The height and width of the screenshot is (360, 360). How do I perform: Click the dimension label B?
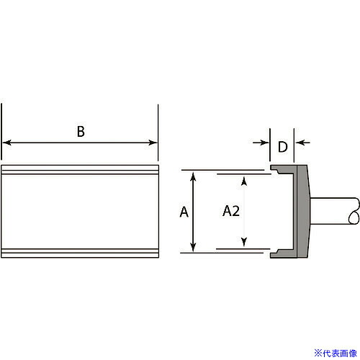point(81,131)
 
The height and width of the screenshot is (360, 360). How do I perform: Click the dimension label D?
point(282,147)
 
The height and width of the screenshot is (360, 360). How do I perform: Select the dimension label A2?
point(231,211)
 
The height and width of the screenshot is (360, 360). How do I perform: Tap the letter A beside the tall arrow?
point(184,212)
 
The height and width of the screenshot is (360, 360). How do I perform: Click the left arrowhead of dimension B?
point(6,143)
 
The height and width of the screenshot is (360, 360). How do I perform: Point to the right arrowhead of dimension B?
point(153,143)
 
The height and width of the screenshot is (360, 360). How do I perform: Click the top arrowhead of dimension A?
point(193,176)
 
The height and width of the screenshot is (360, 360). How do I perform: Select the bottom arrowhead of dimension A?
point(193,247)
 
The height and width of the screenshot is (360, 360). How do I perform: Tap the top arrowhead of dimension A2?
point(244,181)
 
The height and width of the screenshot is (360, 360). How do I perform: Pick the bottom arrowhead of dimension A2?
point(244,242)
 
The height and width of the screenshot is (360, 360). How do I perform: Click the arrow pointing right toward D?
point(261,143)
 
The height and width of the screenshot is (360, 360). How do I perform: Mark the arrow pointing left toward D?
point(302,143)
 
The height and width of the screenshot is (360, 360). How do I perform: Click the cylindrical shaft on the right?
point(334,211)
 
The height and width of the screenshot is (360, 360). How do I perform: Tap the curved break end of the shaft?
point(354,211)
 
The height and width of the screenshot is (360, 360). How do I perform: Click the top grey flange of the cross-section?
point(283,169)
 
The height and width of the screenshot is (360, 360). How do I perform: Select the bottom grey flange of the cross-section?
point(283,253)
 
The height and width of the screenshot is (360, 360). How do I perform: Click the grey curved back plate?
point(303,211)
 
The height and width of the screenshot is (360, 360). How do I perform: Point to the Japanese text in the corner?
point(336,354)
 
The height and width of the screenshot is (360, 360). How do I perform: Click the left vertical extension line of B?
point(1,132)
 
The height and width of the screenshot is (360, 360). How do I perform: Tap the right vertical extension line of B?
point(158,132)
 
